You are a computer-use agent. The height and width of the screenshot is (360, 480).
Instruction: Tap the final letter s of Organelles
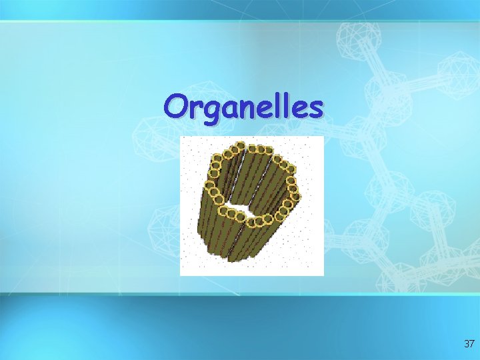315,108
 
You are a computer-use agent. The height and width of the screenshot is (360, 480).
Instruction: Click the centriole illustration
251,205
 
